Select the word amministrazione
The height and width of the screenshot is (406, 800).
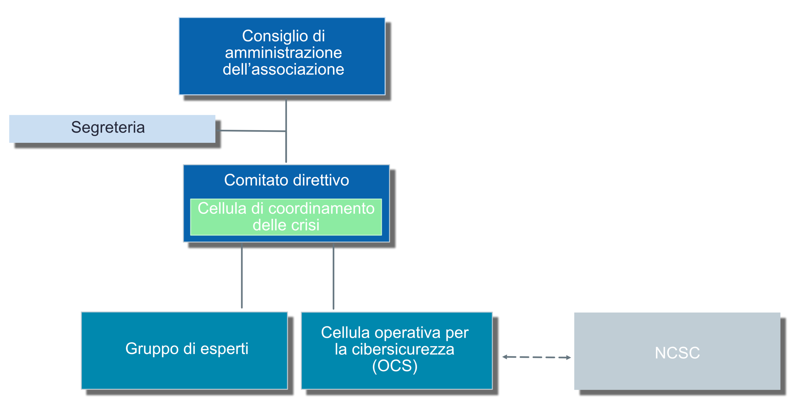(x=283, y=53)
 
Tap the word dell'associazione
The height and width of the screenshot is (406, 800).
(x=283, y=69)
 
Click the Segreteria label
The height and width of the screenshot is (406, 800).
(x=108, y=128)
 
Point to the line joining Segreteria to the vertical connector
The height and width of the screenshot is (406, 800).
(x=252, y=131)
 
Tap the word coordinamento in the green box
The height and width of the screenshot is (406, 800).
(x=321, y=209)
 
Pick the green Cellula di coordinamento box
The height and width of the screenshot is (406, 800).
(x=286, y=217)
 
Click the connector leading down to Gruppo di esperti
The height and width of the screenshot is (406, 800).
(x=242, y=276)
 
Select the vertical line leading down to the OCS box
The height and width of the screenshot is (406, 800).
(x=333, y=277)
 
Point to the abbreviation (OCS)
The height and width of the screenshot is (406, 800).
(x=395, y=366)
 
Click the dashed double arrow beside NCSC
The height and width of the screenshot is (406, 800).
(x=537, y=357)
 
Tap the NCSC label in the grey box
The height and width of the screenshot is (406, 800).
(x=677, y=353)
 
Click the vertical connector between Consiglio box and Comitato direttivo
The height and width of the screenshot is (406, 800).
(x=286, y=131)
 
